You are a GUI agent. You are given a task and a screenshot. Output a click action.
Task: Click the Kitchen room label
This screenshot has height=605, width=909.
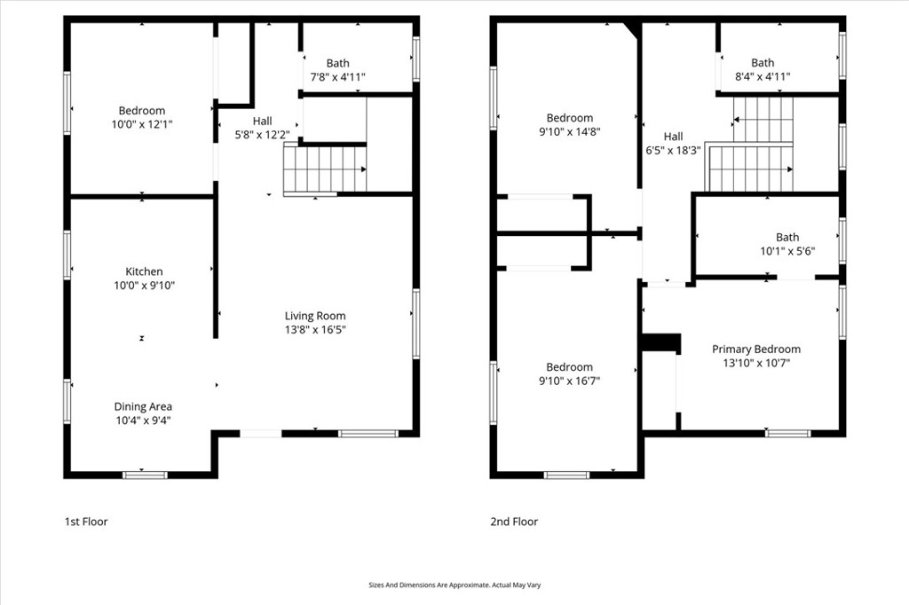point(143,271)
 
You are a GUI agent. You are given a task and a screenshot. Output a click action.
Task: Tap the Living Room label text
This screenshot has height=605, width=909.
point(315,316)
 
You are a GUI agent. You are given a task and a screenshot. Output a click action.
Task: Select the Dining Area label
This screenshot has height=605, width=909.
point(143,407)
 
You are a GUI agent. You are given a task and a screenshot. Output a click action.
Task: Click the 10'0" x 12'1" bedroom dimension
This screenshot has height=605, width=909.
point(142,125)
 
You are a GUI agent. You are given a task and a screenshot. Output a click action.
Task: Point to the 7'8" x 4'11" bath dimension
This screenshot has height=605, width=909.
point(337,77)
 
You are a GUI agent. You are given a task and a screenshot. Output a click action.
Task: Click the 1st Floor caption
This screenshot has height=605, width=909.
point(86,522)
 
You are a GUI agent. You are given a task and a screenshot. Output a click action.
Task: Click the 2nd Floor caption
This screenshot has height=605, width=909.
point(514,522)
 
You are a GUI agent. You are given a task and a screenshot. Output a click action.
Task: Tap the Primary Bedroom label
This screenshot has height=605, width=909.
point(756,350)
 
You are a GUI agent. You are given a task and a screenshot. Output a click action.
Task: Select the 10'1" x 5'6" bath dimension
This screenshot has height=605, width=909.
point(787,251)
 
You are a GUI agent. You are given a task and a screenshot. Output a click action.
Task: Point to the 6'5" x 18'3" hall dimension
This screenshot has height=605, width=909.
point(673,151)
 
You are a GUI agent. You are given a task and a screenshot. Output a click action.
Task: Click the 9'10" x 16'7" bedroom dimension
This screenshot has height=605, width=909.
point(569,381)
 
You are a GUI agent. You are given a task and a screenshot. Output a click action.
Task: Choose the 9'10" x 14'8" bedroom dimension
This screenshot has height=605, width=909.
point(569,132)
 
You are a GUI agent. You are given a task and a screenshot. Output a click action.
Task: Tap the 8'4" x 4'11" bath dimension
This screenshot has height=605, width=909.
point(763,77)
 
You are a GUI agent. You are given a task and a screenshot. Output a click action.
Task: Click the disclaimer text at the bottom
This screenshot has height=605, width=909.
point(454,585)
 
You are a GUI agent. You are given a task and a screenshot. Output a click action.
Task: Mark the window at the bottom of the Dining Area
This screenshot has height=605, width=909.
point(145,475)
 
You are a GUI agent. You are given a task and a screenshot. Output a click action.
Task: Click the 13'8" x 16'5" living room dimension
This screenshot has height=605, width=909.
point(315,330)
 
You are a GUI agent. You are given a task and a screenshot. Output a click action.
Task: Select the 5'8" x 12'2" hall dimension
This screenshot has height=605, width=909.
point(262,135)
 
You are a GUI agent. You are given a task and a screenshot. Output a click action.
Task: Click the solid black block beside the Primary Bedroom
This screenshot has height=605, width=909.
point(660,342)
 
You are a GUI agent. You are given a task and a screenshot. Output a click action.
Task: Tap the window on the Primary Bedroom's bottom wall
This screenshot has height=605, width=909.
point(788,433)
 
